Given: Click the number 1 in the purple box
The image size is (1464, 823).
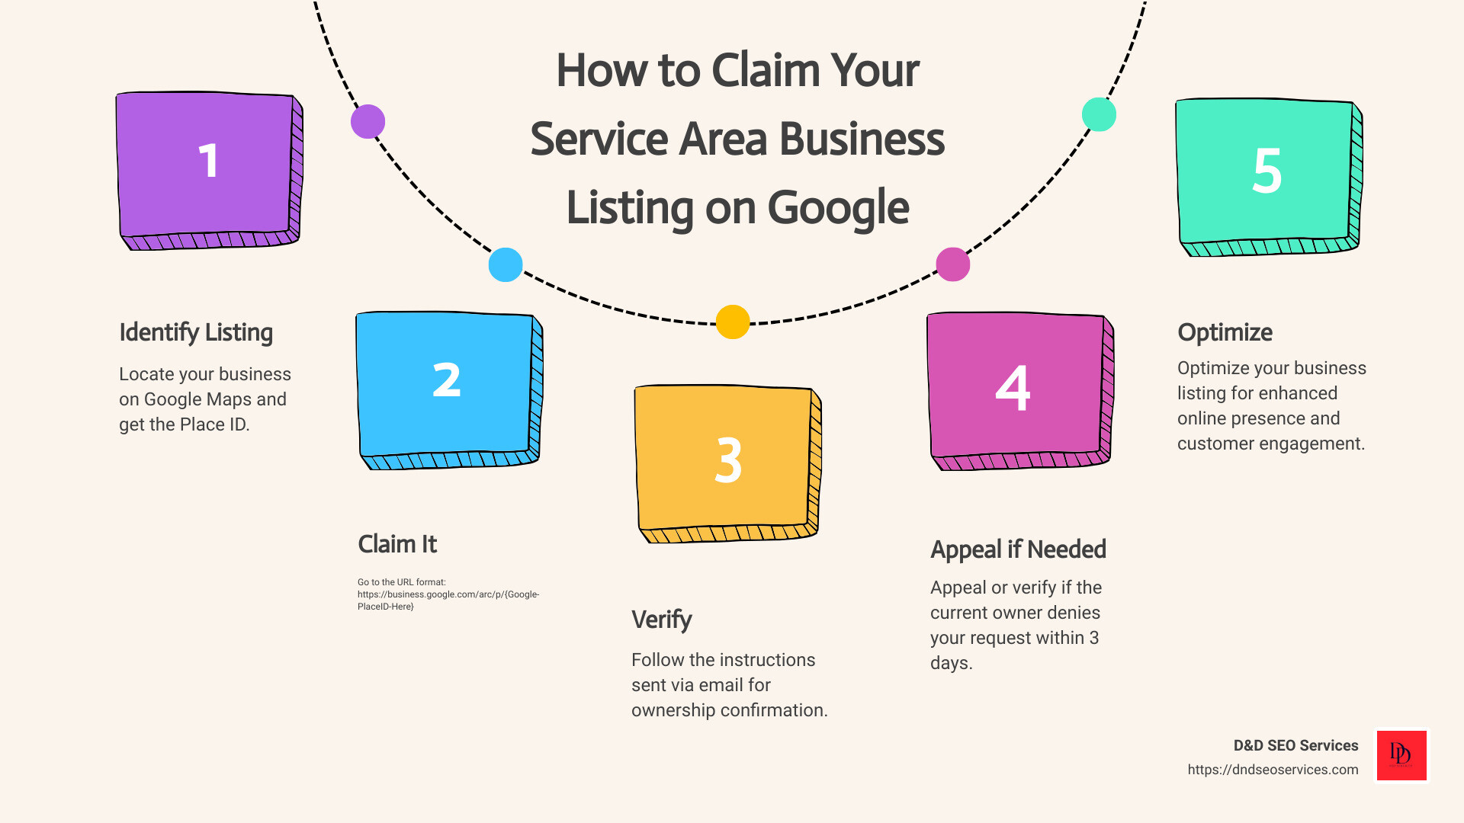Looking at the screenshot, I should tap(208, 162).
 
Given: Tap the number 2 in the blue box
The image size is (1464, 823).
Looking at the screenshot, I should tap(447, 380).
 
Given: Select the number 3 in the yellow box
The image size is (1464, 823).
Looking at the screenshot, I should tap(728, 460).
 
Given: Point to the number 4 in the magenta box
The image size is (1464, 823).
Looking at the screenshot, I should tap(1013, 389).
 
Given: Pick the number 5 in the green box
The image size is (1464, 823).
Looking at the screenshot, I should tap(1267, 171).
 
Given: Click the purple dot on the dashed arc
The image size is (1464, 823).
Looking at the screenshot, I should tap(368, 122).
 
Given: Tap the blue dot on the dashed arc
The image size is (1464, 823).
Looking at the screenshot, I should tap(506, 265).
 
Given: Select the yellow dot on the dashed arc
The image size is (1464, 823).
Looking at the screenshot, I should tap(733, 322).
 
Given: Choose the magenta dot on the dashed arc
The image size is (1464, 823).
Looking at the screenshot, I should tap(952, 264).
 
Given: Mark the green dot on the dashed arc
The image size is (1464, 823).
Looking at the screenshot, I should tap(1099, 114).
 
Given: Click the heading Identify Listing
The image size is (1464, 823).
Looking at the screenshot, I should tap(196, 332).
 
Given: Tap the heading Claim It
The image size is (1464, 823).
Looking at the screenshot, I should tap(397, 544).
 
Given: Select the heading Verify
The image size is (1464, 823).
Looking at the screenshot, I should tap(661, 620).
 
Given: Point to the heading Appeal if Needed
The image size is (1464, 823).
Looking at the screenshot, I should tap(1018, 549).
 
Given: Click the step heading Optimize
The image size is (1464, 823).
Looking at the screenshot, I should tap(1225, 332).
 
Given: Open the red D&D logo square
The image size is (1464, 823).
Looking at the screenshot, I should tap(1401, 755).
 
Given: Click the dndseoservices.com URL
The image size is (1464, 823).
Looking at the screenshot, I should tap(1273, 770).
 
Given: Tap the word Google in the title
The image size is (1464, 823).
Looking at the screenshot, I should tap(838, 208).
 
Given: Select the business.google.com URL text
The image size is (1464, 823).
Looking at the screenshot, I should tap(448, 594).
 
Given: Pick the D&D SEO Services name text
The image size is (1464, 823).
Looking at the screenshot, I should tap(1295, 745).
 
